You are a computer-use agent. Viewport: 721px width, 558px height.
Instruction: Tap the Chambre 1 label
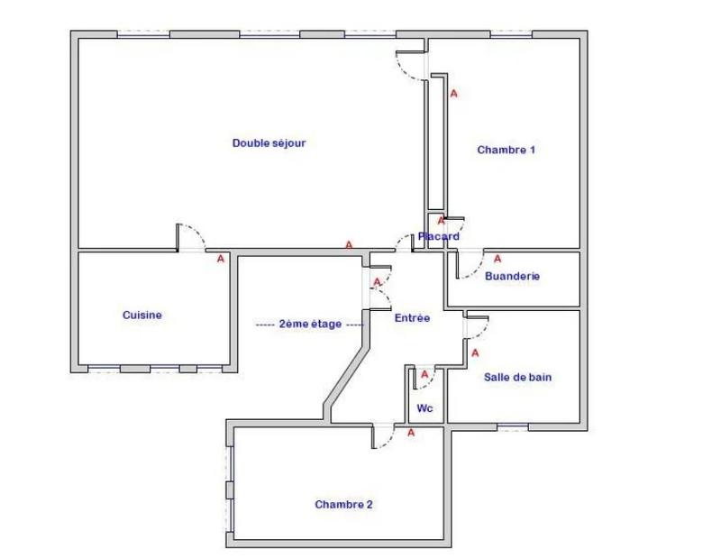point(507,150)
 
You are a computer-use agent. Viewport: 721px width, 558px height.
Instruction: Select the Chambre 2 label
point(343,505)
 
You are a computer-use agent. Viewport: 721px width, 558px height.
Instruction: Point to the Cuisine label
point(142,315)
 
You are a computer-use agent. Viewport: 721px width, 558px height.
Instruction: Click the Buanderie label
point(512,276)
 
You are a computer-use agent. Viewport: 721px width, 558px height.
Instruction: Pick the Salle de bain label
point(518,377)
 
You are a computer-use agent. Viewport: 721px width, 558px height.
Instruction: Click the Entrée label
point(412,317)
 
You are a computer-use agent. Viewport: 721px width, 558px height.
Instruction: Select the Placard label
point(439,236)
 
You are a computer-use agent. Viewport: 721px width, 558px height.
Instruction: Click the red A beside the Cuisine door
point(221,259)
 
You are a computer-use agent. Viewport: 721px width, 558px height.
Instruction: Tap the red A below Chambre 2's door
point(411,433)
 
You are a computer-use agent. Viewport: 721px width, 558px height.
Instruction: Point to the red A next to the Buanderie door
point(497,259)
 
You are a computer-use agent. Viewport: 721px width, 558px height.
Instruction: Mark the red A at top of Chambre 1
point(454,93)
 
